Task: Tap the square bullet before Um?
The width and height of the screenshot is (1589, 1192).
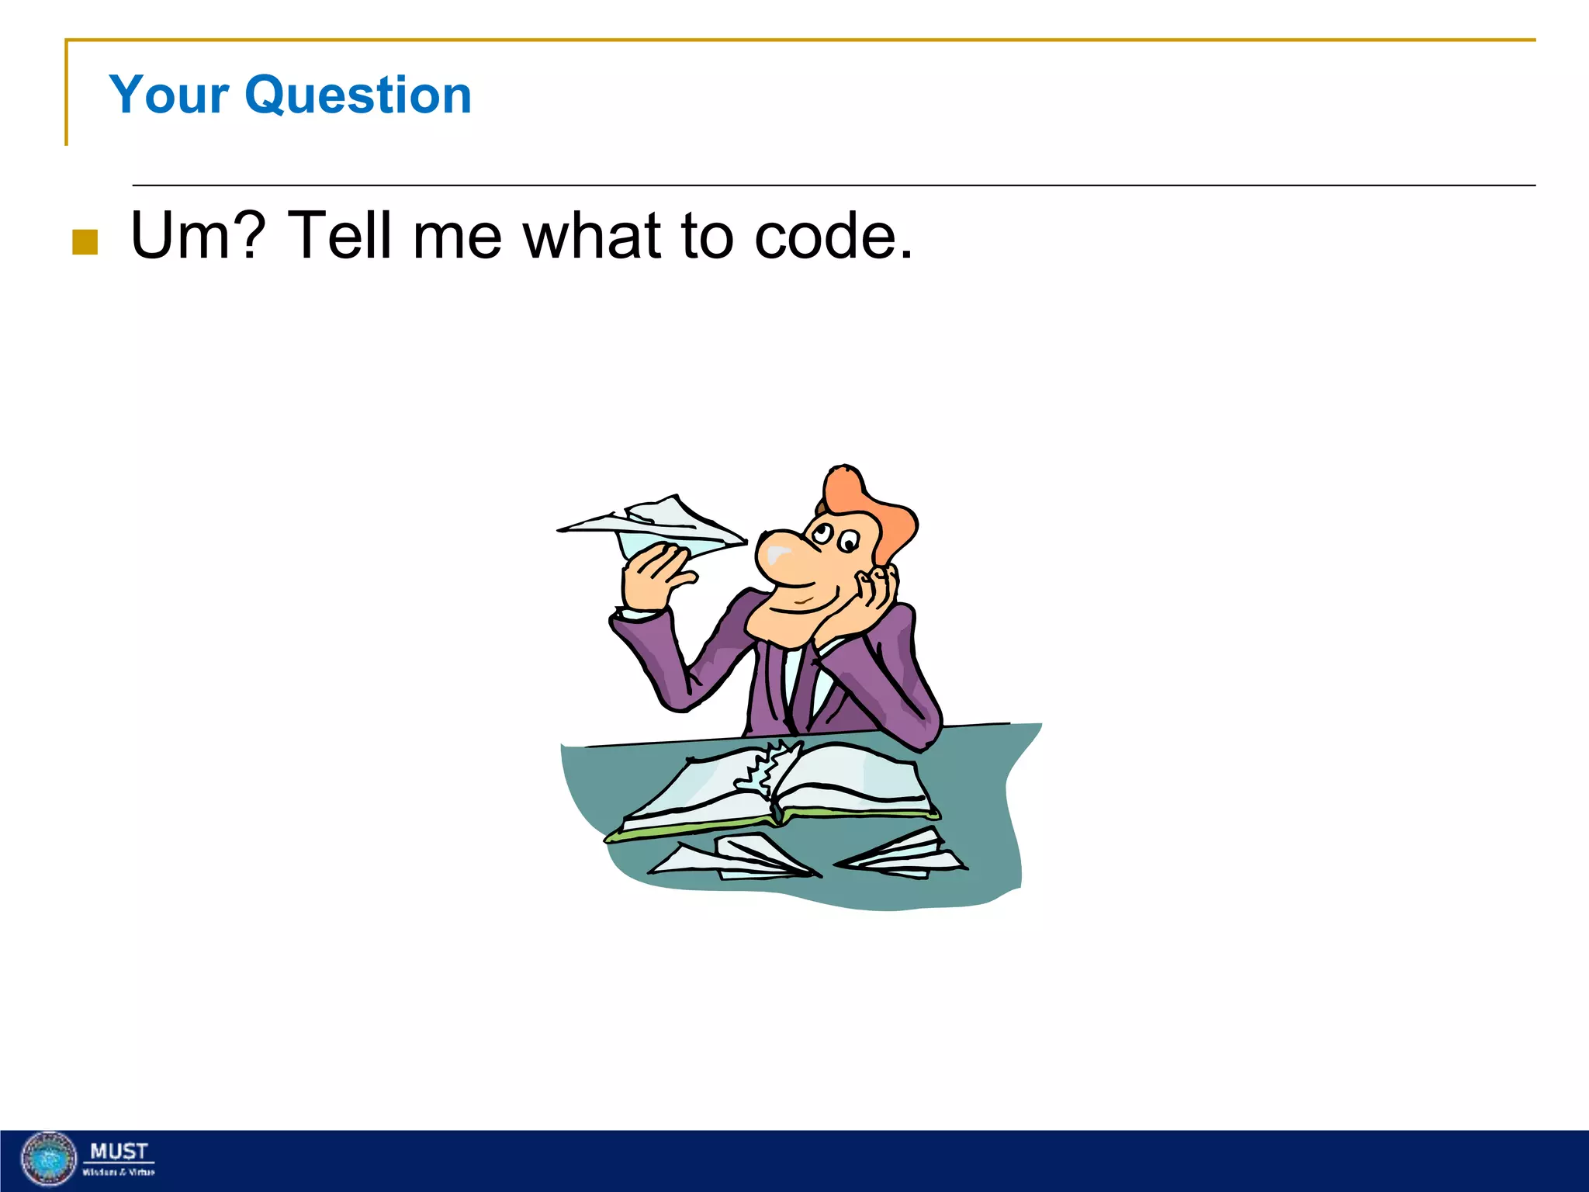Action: pyautogui.click(x=85, y=241)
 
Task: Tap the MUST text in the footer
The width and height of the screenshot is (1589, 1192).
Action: pyautogui.click(x=119, y=1150)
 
